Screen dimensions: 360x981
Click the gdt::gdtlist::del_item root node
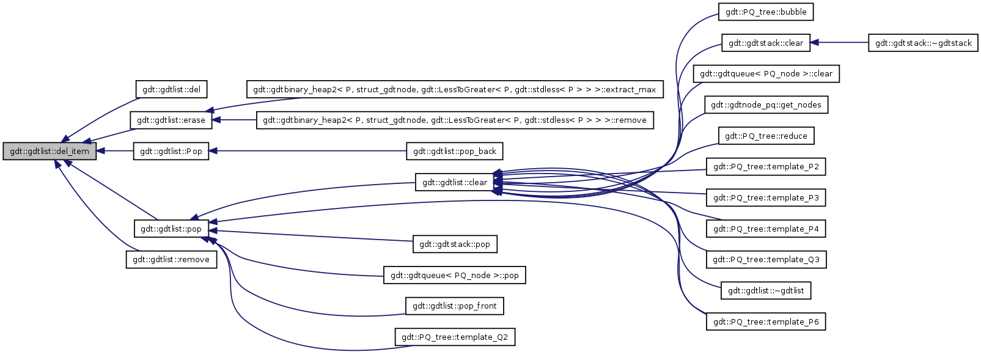pos(50,151)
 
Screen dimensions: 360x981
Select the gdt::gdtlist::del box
pos(171,89)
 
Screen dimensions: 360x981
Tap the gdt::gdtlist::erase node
pos(171,120)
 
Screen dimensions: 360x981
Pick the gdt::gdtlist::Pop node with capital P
pos(171,151)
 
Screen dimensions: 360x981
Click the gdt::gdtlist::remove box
pos(171,259)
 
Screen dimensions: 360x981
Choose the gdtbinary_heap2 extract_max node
pos(454,89)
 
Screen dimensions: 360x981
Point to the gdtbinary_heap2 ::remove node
pos(455,120)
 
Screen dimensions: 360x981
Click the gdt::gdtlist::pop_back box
pos(455,151)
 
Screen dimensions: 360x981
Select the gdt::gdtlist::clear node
pos(455,182)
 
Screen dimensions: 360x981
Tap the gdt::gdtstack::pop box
pos(455,244)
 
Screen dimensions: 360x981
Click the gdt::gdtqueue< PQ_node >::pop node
pos(455,275)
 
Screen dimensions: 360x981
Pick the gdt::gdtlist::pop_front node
pos(455,306)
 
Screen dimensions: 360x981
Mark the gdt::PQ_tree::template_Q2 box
pos(455,337)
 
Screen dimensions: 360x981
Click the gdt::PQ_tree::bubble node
pos(766,12)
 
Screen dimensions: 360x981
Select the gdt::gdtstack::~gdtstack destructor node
pos(923,43)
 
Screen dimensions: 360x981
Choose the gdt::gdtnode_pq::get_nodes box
pos(766,105)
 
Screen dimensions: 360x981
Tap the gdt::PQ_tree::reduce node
pos(766,136)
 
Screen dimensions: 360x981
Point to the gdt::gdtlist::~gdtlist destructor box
pos(766,290)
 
